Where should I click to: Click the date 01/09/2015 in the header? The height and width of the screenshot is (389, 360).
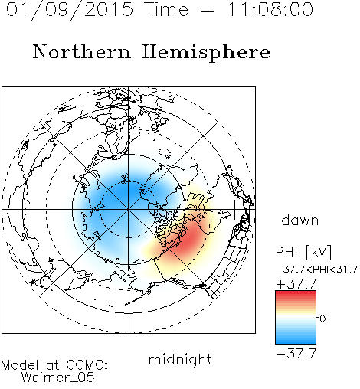click(70, 9)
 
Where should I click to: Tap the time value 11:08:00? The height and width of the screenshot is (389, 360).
click(270, 9)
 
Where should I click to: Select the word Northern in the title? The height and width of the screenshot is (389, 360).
click(82, 51)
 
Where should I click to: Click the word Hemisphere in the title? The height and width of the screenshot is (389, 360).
click(206, 53)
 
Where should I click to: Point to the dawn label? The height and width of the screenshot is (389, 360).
click(300, 220)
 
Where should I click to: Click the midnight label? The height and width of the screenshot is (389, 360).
click(180, 359)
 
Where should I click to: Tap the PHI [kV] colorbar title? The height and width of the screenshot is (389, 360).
click(303, 252)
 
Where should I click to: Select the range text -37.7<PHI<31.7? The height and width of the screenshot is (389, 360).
click(316, 270)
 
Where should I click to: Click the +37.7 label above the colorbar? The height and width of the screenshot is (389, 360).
click(296, 283)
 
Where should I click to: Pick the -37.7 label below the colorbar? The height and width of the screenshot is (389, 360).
click(296, 354)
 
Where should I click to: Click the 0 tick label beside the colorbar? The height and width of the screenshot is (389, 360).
click(322, 319)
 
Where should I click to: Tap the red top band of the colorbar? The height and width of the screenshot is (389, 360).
click(296, 293)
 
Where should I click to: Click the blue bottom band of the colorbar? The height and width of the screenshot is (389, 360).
click(296, 341)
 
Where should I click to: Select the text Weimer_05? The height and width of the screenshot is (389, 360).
click(58, 378)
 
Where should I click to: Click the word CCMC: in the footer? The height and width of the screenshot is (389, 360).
click(87, 365)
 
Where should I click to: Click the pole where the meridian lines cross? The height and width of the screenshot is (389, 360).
click(129, 210)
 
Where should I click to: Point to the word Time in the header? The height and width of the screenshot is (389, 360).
click(166, 9)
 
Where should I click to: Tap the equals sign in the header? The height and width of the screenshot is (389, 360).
click(208, 10)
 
